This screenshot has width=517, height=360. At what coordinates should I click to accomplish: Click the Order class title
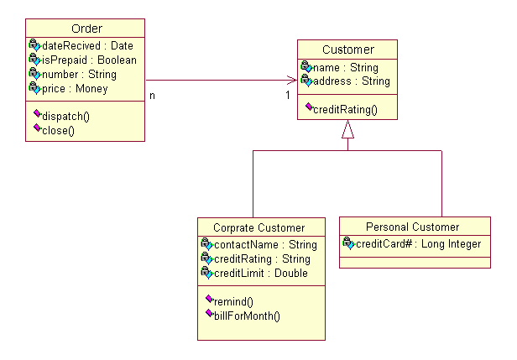coord(87,29)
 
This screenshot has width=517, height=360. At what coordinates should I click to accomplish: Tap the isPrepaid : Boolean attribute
coord(89,60)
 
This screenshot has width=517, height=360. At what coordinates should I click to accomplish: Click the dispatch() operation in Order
coord(65,117)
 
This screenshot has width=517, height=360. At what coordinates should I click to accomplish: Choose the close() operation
coord(58,130)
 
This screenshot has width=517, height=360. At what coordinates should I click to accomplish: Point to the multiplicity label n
coord(152,95)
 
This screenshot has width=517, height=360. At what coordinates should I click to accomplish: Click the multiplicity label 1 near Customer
coord(287,95)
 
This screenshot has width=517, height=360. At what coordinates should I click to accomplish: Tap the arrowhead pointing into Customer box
coord(293,81)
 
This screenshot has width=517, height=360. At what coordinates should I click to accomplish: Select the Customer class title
coord(347,50)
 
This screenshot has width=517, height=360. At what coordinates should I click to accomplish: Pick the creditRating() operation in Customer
coord(345,109)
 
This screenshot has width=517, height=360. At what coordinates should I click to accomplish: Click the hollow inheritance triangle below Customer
coord(347,129)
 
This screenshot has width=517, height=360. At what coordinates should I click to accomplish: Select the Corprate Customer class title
coord(258,227)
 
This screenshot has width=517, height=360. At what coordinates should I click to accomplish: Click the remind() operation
coord(233,301)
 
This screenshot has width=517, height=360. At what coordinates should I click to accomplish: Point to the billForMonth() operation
coord(246,315)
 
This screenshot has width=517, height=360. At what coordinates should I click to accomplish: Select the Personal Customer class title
coord(412,227)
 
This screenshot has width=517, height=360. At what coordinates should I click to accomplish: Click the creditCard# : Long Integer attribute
coord(418,244)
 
